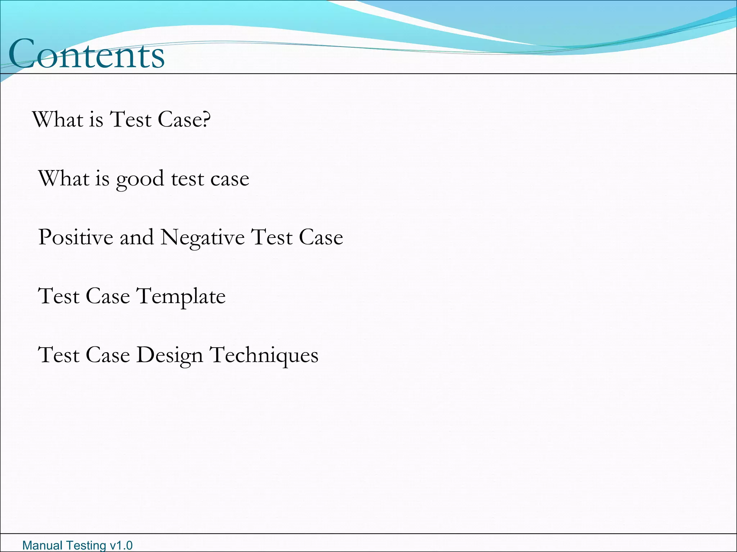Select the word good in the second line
pos(140,179)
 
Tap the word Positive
pos(76,237)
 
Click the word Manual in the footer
pos(42,546)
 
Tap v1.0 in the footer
pos(121,546)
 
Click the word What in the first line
pos(58,119)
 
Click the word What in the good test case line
pos(63,178)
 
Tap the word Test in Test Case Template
pos(58,296)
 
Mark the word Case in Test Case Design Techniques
pos(108,355)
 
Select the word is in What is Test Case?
pos(96,119)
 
